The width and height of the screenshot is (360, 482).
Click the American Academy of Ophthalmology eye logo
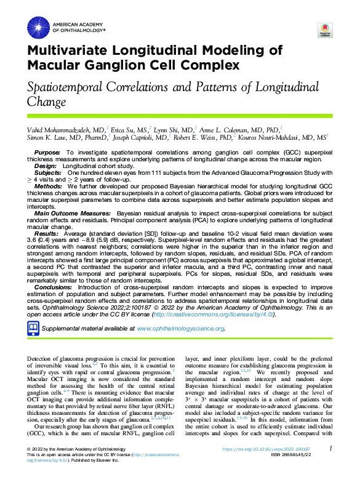[x=38, y=26]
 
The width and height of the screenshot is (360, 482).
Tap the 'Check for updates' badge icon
[x=324, y=31]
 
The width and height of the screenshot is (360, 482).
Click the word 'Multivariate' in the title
[x=78, y=50]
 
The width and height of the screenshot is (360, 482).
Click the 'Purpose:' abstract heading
[x=47, y=152]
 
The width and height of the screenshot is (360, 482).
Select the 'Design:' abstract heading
[x=46, y=166]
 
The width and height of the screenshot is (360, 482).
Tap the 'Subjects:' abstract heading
[x=49, y=174]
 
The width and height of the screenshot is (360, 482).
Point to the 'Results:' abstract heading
[x=47, y=235]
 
